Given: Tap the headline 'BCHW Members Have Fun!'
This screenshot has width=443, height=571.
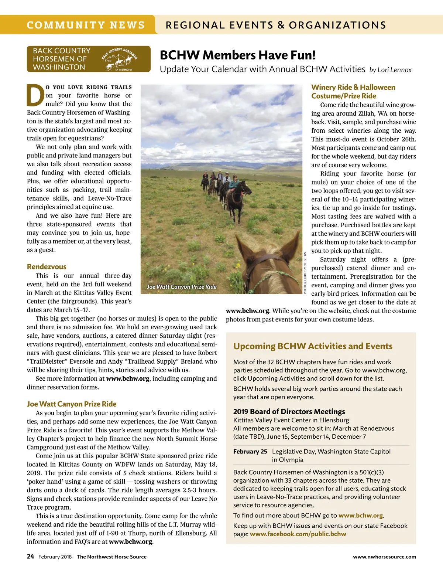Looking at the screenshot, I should pyautogui.click(x=238, y=55).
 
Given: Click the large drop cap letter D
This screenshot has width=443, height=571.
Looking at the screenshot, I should pyautogui.click(x=35, y=95).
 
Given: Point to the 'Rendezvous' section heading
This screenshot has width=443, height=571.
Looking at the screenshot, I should pyautogui.click(x=47, y=266).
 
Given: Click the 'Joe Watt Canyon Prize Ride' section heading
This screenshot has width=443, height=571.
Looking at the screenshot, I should pyautogui.click(x=72, y=404).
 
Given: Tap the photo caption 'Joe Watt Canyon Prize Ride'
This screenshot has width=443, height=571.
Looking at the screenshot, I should pyautogui.click(x=182, y=287).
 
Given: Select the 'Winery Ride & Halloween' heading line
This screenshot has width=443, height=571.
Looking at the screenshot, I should pyautogui.click(x=353, y=87).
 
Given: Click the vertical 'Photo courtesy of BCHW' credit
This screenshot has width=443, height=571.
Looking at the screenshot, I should pyautogui.click(x=305, y=273).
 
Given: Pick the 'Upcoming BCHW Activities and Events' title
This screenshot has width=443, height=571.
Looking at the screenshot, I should pyautogui.click(x=313, y=346).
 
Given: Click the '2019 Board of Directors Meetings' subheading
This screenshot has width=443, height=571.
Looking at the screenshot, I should pyautogui.click(x=289, y=411).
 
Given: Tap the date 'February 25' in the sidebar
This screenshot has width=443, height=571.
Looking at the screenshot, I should pyautogui.click(x=250, y=451).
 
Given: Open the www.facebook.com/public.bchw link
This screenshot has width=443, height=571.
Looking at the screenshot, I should pyautogui.click(x=298, y=534).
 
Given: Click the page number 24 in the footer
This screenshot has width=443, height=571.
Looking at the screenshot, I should pyautogui.click(x=30, y=557).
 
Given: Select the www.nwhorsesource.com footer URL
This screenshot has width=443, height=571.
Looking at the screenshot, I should pyautogui.click(x=384, y=557).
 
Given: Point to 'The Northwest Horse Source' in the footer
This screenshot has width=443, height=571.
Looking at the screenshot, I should pyautogui.click(x=111, y=557).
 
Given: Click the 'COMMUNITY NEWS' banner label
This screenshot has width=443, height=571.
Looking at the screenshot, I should pyautogui.click(x=86, y=25).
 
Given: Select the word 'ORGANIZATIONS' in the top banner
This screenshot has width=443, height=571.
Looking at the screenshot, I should pyautogui.click(x=337, y=25).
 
